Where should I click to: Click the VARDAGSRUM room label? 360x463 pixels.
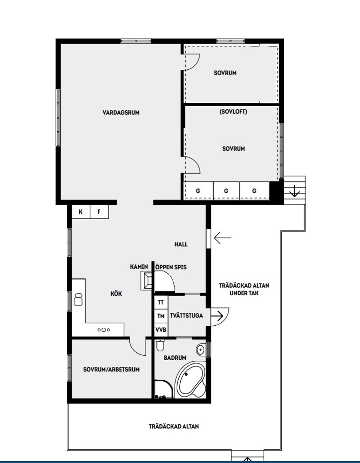pos(121,113)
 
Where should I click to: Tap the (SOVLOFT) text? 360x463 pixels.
pos(233,112)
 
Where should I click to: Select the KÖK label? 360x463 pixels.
pos(116,294)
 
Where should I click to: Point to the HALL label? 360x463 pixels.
pos(181,244)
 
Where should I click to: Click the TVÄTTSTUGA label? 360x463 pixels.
pos(186,316)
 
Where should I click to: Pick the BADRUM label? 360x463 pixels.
pos(175,358)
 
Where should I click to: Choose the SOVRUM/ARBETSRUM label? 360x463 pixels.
pos(111,370)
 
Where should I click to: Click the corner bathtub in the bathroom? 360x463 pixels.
pos(190,379)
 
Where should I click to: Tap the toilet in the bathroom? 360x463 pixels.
pos(160,345)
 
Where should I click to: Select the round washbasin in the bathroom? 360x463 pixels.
pos(200,350)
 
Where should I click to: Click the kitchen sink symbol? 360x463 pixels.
pos(78,299)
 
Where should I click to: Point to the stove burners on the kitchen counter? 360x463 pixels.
pos(103,330)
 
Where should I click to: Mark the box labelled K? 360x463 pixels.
pos(81,212)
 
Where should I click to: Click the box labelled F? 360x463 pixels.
pos(99,212)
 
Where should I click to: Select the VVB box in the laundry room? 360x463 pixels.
pos(161,330)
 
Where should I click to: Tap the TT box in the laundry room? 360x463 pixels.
pos(161,302)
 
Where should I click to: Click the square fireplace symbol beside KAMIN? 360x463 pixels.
pos(147,281)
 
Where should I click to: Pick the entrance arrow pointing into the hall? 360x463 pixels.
pos(222,238)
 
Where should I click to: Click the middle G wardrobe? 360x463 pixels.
pos(226,191)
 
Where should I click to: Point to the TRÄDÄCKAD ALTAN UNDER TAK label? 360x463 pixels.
pos(244,289)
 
